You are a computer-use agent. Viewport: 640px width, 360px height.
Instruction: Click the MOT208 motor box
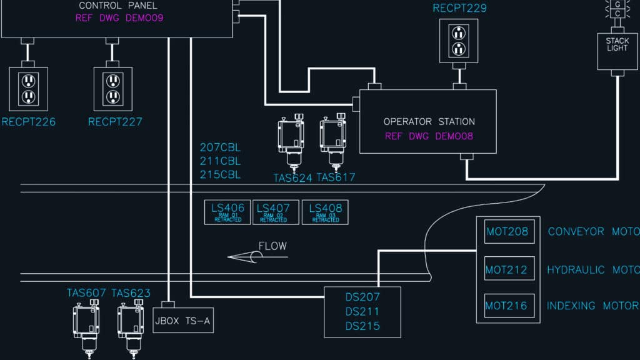pyautogui.click(x=509, y=232)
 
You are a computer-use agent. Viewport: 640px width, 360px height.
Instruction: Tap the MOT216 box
pyautogui.click(x=509, y=306)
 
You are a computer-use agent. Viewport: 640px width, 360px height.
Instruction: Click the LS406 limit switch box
pyautogui.click(x=227, y=212)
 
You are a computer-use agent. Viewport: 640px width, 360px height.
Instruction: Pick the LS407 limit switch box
pyautogui.click(x=273, y=212)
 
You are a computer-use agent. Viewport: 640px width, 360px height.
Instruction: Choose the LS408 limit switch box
pyautogui.click(x=325, y=212)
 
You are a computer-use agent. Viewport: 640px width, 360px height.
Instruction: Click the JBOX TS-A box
pyautogui.click(x=183, y=320)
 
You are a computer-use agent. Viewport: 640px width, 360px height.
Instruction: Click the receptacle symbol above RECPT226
pyautogui.click(x=27, y=88)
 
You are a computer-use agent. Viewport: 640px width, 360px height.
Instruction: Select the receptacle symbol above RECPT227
pyautogui.click(x=112, y=88)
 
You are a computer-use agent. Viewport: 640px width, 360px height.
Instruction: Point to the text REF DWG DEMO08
pyautogui.click(x=429, y=137)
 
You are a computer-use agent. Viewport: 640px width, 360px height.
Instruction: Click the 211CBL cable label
pyautogui.click(x=220, y=161)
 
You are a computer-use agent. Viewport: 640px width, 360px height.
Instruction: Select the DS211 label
pyautogui.click(x=362, y=311)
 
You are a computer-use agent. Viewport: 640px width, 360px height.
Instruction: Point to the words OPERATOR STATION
pyautogui.click(x=429, y=122)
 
